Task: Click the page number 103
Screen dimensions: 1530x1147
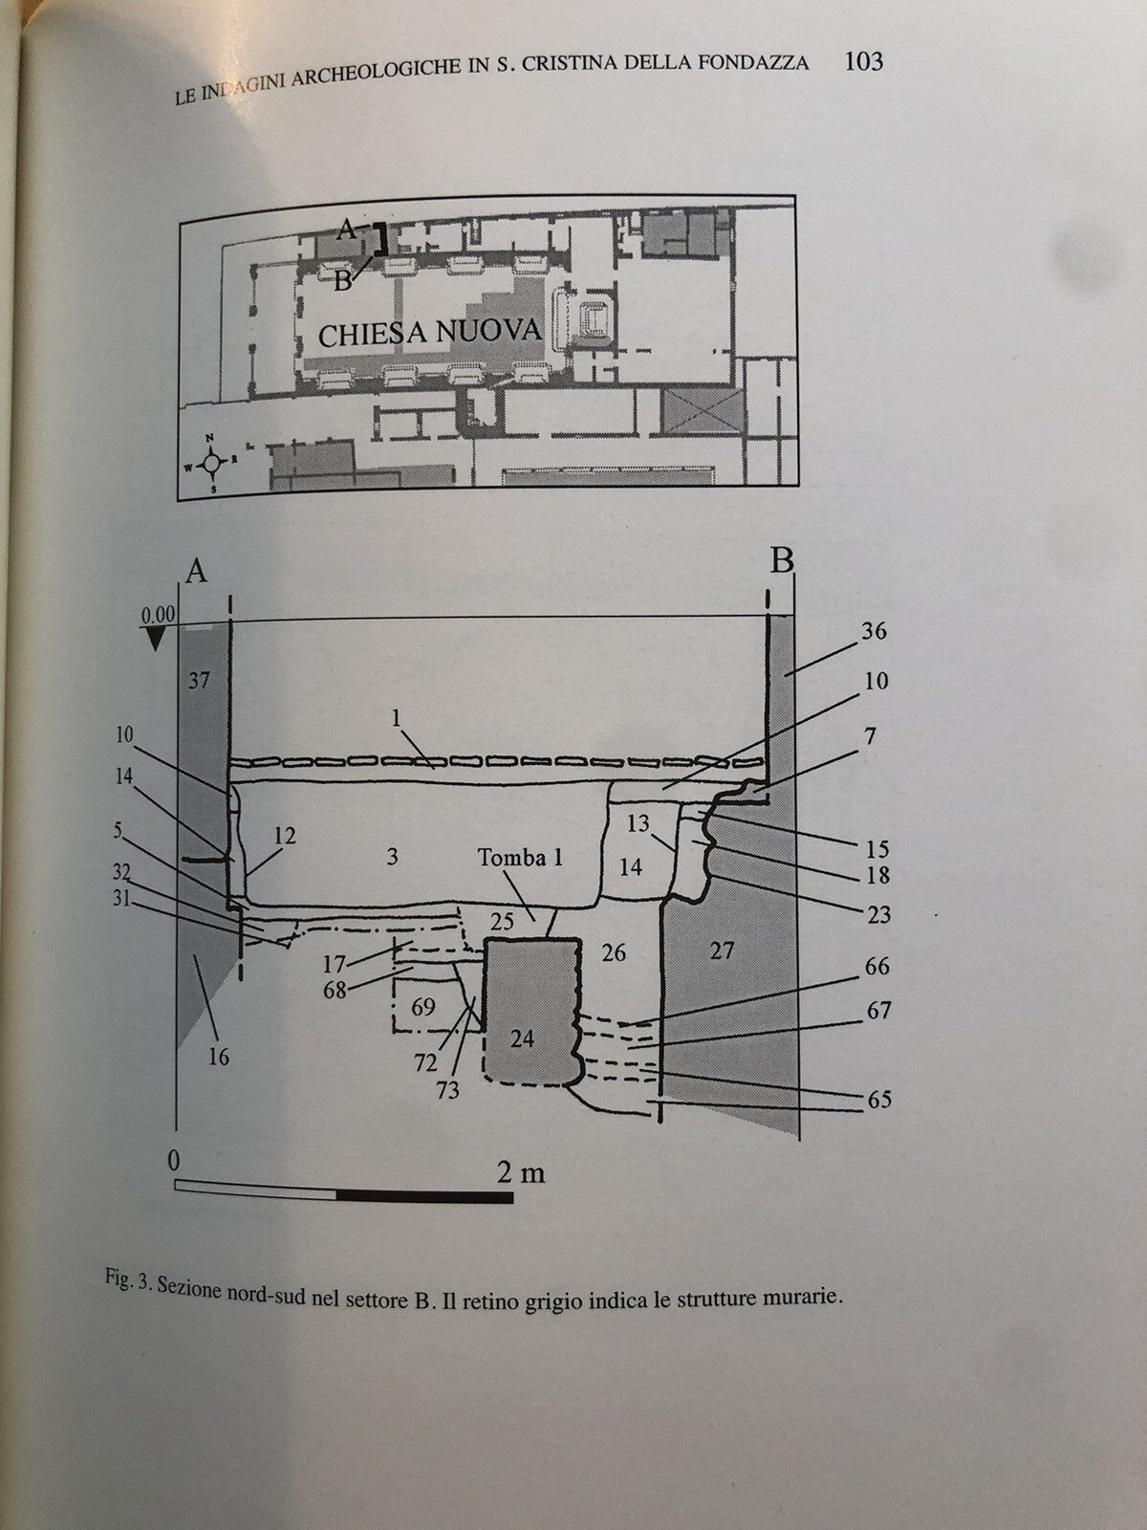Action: click(x=863, y=62)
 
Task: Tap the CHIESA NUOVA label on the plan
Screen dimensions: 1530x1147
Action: click(x=429, y=333)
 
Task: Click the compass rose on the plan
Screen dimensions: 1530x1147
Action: click(x=214, y=460)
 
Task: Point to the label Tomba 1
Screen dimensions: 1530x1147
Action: click(x=521, y=857)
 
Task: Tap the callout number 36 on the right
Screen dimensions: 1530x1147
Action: click(x=874, y=631)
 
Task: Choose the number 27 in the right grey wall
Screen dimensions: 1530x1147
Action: click(x=723, y=951)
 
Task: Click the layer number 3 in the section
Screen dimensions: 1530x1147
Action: click(x=392, y=856)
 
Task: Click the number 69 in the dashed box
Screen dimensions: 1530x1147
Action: click(x=422, y=1007)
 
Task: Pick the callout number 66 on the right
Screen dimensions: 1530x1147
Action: click(x=876, y=967)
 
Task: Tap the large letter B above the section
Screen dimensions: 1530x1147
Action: click(x=782, y=561)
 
